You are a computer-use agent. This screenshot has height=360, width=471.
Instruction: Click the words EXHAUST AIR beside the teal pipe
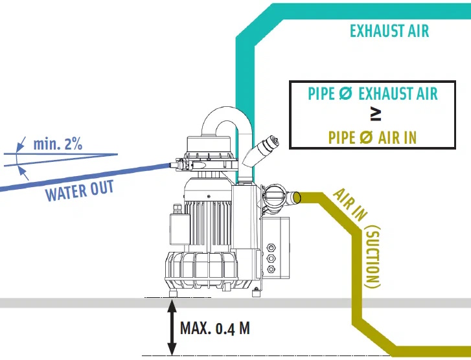pos(389,30)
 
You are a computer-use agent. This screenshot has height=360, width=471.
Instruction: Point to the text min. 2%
pos(58,143)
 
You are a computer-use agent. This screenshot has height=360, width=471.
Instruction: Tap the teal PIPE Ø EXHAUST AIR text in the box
pos(373,93)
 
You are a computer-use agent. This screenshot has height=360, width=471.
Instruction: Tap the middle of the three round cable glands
pos(271,257)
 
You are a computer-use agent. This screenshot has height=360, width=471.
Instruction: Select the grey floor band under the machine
pos(78,303)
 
